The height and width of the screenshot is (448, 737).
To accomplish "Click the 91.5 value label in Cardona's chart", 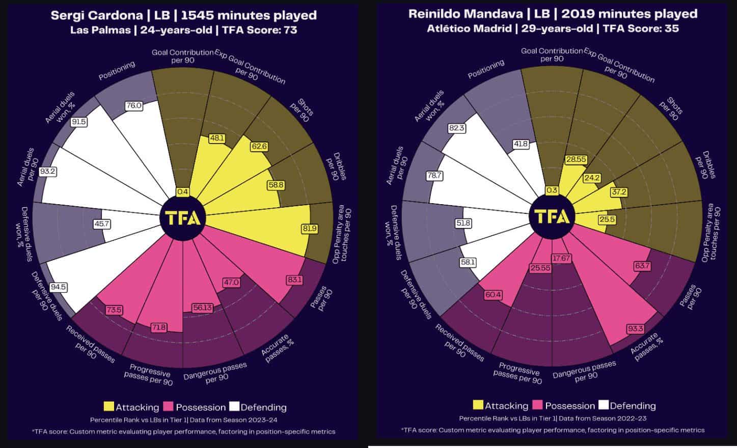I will (x=79, y=122).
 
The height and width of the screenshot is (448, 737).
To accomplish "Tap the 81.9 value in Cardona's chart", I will (x=310, y=229).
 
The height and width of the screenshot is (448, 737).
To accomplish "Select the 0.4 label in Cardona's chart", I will (x=182, y=191).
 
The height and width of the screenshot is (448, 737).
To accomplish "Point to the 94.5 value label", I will (x=59, y=287).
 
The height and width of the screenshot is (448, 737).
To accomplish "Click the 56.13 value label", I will (x=202, y=307).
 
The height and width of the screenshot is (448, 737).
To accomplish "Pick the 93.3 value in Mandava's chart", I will (x=635, y=329).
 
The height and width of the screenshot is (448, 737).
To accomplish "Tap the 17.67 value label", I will (x=561, y=259).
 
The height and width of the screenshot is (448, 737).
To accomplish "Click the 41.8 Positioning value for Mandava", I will (x=521, y=144).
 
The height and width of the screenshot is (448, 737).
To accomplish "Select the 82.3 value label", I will (x=456, y=128).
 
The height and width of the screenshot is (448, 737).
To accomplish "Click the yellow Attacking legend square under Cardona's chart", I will (x=108, y=407).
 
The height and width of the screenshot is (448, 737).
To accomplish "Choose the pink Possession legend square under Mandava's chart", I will (x=537, y=405).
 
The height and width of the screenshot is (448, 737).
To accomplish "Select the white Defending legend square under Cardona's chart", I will (x=234, y=407).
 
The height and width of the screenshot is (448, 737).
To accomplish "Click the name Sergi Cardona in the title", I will (x=97, y=15).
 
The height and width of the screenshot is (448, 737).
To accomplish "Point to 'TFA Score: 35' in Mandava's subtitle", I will (x=641, y=29).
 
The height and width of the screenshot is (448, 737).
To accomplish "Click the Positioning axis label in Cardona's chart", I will (x=117, y=70).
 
